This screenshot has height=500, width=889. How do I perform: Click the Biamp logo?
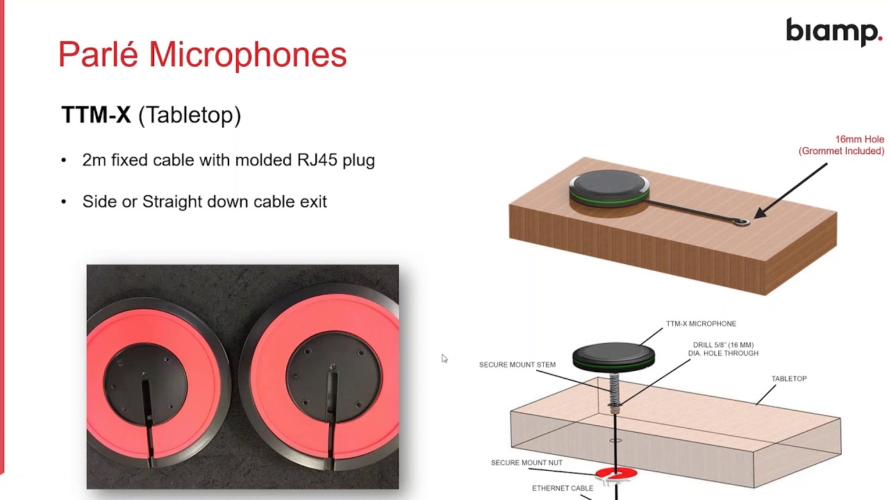tap(833, 32)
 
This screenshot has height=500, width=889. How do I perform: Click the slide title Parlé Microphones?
tap(202, 54)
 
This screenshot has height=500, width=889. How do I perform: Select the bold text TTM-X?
tap(96, 115)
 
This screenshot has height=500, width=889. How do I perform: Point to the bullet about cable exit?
tap(204, 201)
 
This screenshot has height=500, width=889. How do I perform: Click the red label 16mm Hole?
tap(859, 140)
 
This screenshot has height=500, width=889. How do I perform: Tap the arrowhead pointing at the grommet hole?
tap(759, 215)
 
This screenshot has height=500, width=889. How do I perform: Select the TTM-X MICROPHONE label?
tap(701, 324)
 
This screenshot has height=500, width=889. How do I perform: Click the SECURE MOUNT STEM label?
tap(517, 365)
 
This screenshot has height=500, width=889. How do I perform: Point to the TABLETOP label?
tap(789, 378)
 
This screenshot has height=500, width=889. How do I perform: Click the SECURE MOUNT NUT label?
tap(526, 462)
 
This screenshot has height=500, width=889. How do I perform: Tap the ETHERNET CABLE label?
tap(563, 488)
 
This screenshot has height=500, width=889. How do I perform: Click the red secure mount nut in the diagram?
tap(616, 474)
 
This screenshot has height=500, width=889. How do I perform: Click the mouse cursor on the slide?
tap(444, 358)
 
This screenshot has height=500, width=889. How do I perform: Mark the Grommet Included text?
tap(841, 151)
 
